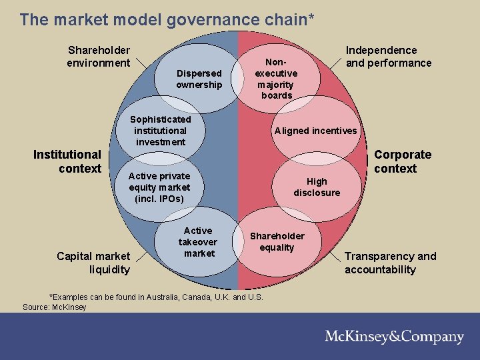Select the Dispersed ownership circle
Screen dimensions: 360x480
click(x=199, y=79)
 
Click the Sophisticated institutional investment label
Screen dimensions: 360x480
click(x=160, y=130)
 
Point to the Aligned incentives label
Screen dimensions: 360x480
click(x=315, y=131)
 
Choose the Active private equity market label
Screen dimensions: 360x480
click(x=159, y=187)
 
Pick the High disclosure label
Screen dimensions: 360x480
click(x=317, y=187)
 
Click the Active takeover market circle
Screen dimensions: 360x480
click(x=199, y=242)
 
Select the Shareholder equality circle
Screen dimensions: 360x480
click(x=277, y=241)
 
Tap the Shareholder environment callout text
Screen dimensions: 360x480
click(x=99, y=57)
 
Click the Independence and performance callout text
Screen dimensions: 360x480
click(x=388, y=57)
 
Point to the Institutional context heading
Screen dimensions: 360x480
click(x=67, y=161)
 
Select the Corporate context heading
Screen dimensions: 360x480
click(x=402, y=161)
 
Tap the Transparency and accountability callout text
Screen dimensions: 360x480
click(x=390, y=263)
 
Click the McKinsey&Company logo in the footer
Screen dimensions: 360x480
click(x=394, y=337)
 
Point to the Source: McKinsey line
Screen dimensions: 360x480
click(x=55, y=307)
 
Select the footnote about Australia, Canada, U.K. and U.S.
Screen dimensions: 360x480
click(x=156, y=297)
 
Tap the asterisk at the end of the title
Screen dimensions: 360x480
click(x=311, y=17)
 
